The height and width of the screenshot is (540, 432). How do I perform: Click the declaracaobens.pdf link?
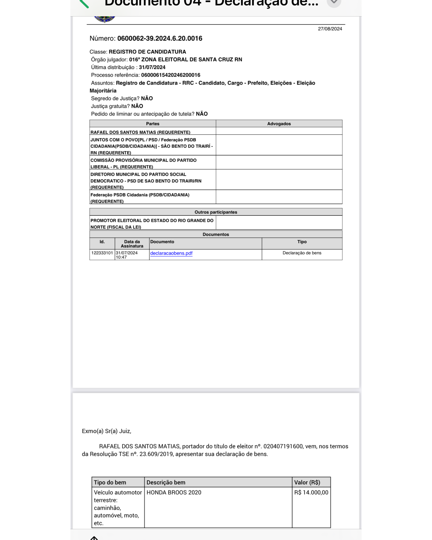[x=171, y=253]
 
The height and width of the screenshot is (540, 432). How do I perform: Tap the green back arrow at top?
[x=84, y=4]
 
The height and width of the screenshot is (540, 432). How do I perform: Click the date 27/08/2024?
[x=330, y=29]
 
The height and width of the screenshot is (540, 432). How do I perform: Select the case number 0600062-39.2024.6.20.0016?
[x=160, y=38]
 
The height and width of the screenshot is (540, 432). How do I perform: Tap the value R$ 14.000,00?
[x=311, y=492]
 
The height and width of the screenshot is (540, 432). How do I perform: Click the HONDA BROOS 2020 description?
[x=174, y=492]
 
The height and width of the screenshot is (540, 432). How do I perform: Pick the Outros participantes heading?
[x=216, y=212]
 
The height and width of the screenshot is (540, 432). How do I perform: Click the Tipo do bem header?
[x=110, y=482]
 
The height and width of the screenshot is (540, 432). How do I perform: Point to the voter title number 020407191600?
[x=283, y=446]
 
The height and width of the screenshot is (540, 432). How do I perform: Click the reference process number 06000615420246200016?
[x=171, y=75]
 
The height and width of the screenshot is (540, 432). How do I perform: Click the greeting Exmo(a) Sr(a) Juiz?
[x=106, y=431]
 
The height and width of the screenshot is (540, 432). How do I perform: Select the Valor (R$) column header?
[x=307, y=482]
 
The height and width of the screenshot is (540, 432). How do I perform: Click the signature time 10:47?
[x=121, y=257]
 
